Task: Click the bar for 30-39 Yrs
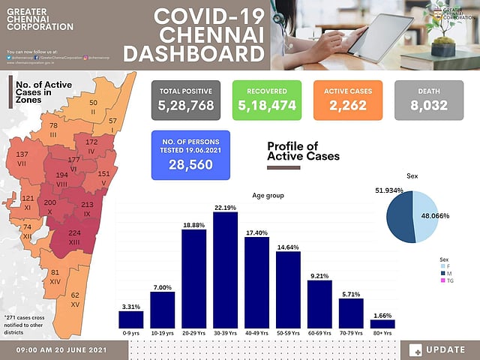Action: (225, 270)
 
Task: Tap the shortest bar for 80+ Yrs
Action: (382, 324)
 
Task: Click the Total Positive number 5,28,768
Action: (187, 106)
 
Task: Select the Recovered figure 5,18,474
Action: (267, 106)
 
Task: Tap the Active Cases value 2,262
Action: (346, 106)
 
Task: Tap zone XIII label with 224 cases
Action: (73, 236)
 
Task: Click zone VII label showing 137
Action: (22, 157)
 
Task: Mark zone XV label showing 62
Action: (75, 300)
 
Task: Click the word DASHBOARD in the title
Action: (193, 54)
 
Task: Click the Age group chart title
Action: (268, 196)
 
